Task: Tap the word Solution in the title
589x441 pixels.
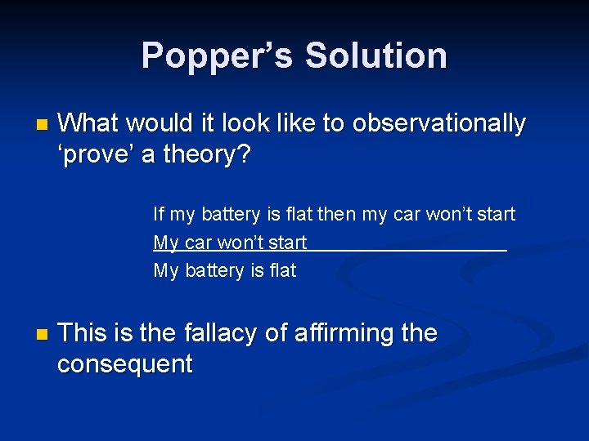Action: [x=375, y=56]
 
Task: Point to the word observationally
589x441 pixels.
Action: [x=438, y=123]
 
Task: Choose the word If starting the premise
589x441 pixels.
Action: [x=159, y=214]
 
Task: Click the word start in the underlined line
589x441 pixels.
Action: [x=287, y=243]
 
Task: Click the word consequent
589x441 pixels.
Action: [x=124, y=363]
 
